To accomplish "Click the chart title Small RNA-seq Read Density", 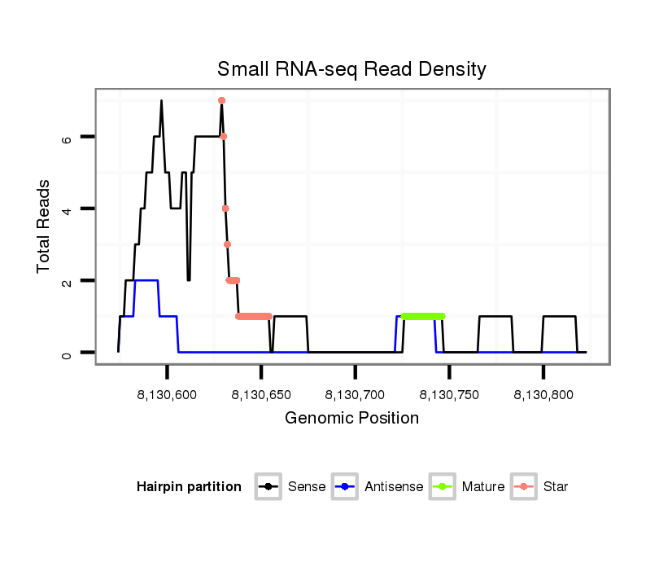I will [351, 69].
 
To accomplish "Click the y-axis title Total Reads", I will [43, 226].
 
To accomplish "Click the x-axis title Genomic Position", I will [351, 419].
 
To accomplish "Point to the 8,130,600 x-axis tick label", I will [166, 395].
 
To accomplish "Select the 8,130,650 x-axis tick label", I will [260, 395].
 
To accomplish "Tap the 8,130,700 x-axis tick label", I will [355, 395].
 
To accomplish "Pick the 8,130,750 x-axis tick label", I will [449, 395].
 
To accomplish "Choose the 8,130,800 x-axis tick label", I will [543, 395].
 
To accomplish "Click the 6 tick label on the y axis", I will [67, 138].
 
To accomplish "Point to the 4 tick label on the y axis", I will [67, 209].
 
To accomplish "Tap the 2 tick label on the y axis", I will [67, 281].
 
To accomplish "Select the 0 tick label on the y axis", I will [67, 353].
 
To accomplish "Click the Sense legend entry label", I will [307, 487].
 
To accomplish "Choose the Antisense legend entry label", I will [394, 487].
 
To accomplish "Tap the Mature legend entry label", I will [483, 487].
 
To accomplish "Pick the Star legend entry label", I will [555, 487].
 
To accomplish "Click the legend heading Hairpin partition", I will [189, 487].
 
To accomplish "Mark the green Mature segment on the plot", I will [423, 316].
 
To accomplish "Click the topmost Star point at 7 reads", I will [221, 100].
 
